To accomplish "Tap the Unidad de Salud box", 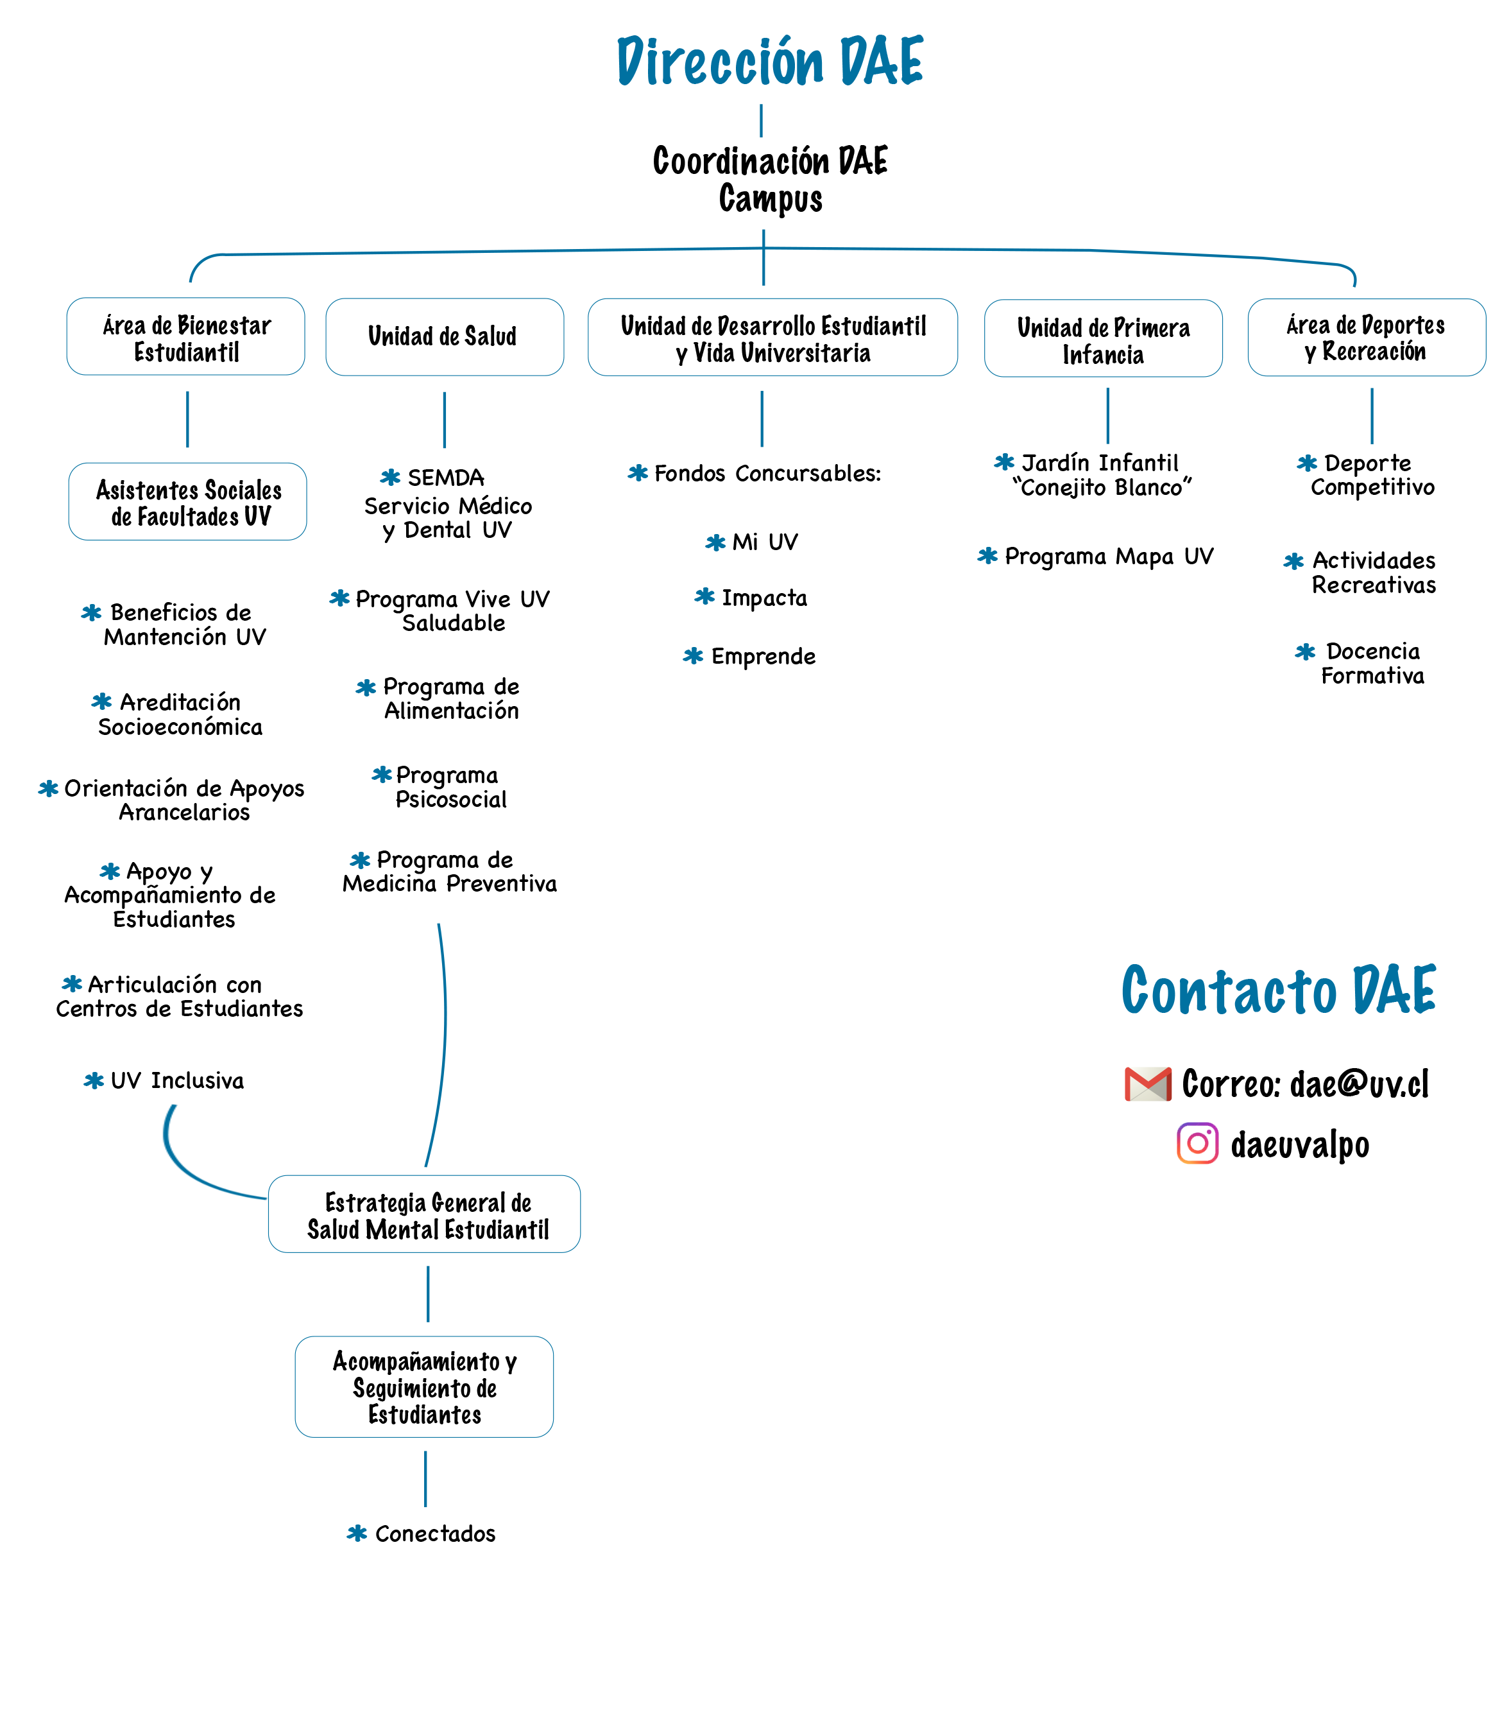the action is click(444, 336).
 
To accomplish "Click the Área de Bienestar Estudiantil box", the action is click(186, 336).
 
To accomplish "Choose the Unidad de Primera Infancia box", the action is click(1103, 338).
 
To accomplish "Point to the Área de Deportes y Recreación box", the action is click(1367, 338).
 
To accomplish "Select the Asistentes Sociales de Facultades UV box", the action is click(187, 502).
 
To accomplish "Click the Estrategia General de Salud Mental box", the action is click(424, 1214).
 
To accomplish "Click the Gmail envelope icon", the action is click(1147, 1084).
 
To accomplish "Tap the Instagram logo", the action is click(1197, 1143).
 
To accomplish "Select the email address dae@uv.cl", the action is click(1359, 1084).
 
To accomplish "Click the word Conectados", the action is click(435, 1533).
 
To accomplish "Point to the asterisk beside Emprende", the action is click(693, 656).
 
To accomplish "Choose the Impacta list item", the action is click(751, 598).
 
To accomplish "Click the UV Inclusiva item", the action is click(164, 1081).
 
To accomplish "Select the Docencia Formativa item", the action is click(1361, 663).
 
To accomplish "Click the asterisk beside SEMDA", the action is click(390, 478).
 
